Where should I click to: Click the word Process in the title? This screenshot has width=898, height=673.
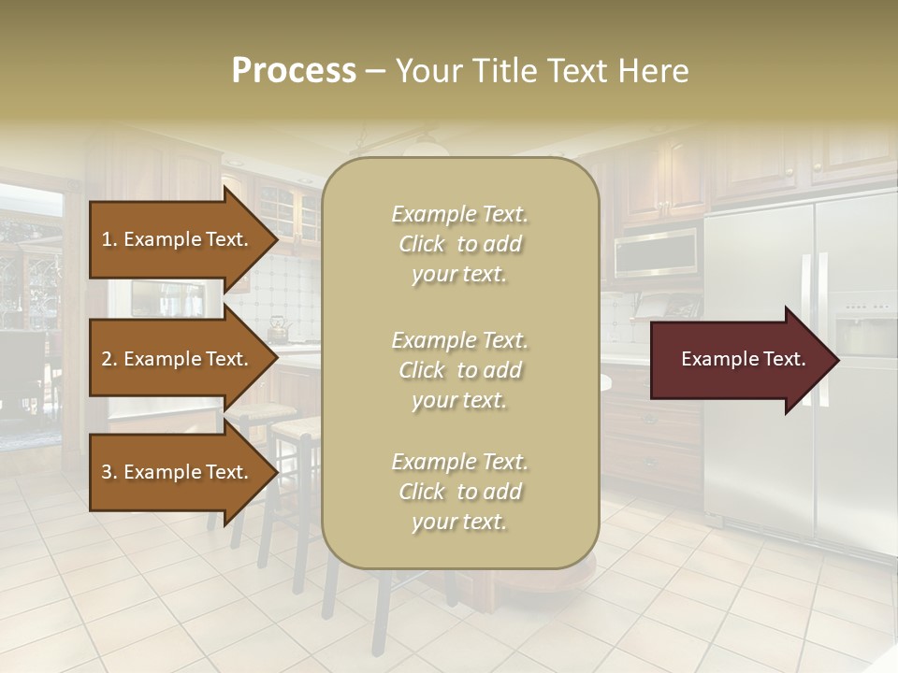(294, 71)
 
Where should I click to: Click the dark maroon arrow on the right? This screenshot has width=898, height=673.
(744, 359)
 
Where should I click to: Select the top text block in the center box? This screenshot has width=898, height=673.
(459, 244)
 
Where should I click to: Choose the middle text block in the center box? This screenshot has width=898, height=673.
(459, 370)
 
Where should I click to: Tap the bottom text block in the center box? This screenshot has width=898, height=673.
(459, 492)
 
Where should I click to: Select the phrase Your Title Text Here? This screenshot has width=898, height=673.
(543, 71)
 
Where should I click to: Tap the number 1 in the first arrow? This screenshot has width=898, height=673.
(107, 239)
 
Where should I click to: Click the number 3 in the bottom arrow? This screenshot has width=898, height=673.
(107, 472)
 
